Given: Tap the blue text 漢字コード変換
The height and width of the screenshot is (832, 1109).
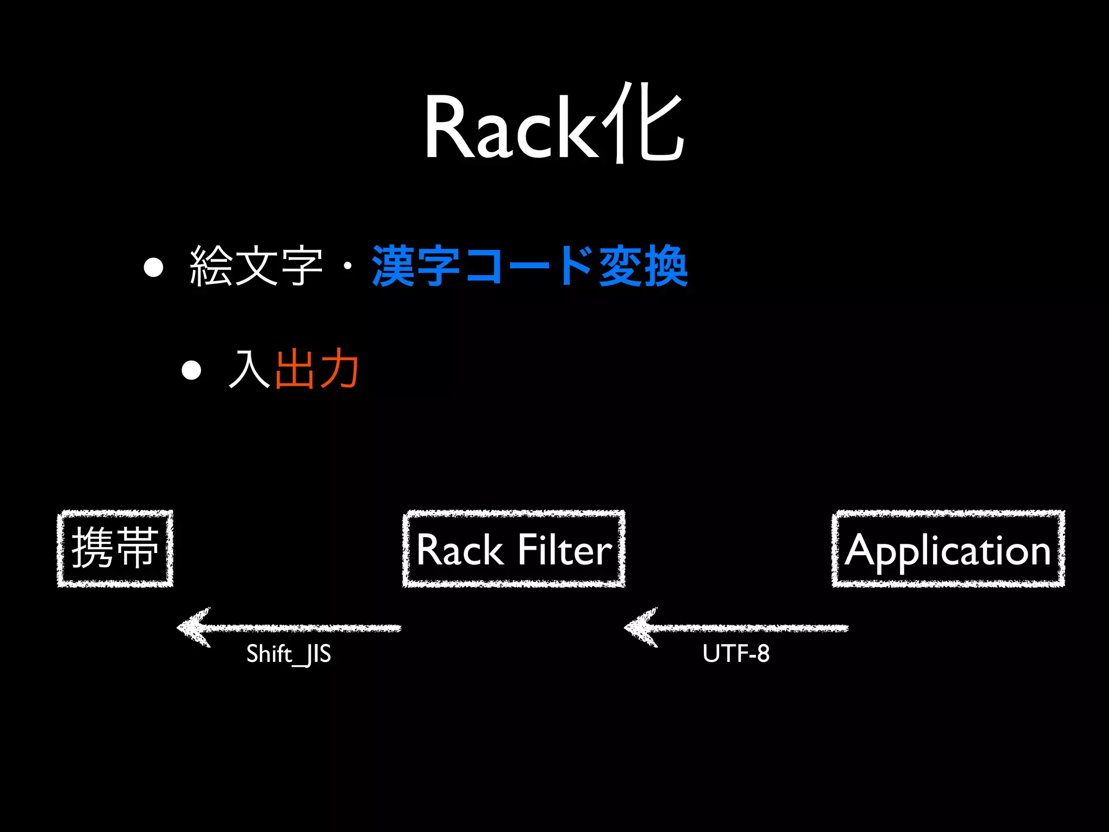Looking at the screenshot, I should (x=530, y=266).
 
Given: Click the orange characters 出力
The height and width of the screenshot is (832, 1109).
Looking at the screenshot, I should (x=317, y=369).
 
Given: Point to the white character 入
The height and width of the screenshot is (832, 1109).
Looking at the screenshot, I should (x=250, y=369).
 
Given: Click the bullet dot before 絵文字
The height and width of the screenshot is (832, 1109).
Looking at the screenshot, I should (x=154, y=268).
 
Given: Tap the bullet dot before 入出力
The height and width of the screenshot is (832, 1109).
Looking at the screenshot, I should (x=191, y=370).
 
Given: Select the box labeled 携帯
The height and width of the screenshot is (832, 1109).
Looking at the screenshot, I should (x=115, y=548).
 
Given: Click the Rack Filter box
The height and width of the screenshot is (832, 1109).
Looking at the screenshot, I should (x=514, y=548).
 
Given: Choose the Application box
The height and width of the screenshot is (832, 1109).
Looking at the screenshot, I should (x=948, y=548).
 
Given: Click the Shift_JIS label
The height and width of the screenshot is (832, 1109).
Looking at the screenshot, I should (x=289, y=654).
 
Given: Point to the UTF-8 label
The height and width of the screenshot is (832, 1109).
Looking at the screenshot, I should (x=736, y=653).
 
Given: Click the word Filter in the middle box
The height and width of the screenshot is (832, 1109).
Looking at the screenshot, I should (x=565, y=550).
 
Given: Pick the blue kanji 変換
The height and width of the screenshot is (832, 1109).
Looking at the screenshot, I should (x=643, y=266).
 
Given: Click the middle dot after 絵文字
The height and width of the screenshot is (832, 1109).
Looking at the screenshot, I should (x=348, y=266).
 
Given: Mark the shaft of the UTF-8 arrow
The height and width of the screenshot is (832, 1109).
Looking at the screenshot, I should (x=758, y=628).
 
